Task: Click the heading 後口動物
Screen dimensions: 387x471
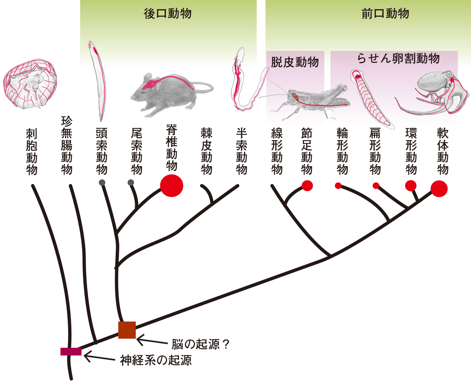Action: (x=167, y=14)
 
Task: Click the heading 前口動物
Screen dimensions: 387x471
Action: (x=385, y=14)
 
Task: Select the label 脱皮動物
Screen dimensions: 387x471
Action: (x=295, y=62)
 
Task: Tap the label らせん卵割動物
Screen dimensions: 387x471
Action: (x=398, y=58)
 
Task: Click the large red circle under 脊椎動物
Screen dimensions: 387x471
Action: (x=172, y=185)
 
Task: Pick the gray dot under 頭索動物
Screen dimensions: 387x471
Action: (x=102, y=183)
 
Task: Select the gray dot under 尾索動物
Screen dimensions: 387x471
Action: (x=131, y=183)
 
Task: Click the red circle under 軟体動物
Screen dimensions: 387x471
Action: (x=439, y=189)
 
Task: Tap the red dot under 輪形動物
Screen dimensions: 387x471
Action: (x=338, y=186)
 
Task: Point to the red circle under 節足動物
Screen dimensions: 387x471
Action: (x=307, y=186)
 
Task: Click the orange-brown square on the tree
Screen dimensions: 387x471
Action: (x=127, y=330)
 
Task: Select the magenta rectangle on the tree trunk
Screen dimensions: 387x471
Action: (x=71, y=351)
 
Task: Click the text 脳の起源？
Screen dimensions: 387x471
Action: (x=200, y=344)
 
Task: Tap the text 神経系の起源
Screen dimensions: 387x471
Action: (x=156, y=360)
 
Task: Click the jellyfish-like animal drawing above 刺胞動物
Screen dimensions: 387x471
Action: (x=30, y=84)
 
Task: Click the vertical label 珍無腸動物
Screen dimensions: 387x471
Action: (x=67, y=145)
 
